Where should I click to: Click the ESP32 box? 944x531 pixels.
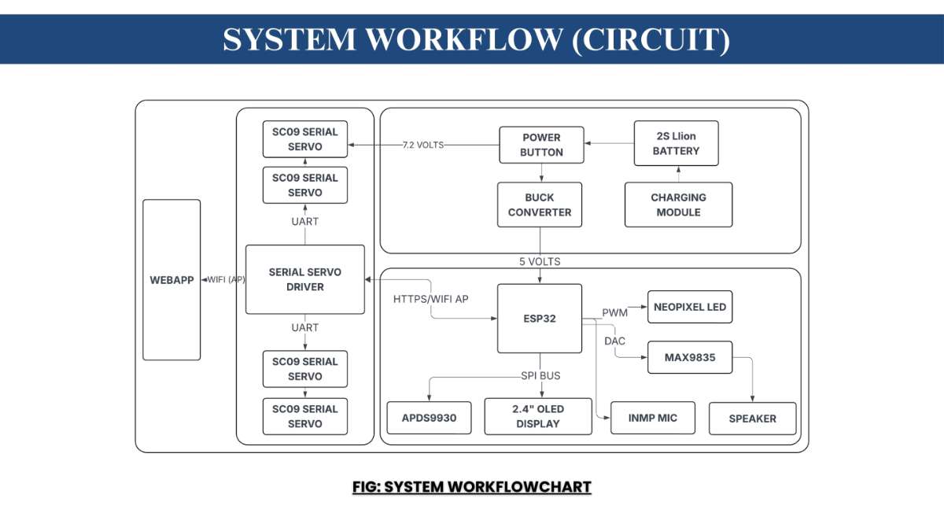540,319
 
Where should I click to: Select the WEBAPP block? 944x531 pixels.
171,280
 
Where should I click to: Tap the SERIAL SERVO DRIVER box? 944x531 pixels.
304,279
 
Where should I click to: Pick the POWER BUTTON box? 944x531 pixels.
541,145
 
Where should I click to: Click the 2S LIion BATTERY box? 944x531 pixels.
676,143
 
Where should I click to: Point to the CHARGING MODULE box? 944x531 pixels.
678,205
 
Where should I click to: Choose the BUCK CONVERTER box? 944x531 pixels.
540,205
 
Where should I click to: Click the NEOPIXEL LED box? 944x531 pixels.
689,307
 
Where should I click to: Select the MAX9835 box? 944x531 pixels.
689,357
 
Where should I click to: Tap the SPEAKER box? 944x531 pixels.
752,419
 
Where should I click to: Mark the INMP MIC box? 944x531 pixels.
653,417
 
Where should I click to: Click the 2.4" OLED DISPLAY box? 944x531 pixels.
538,416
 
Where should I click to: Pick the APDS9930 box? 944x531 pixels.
429,418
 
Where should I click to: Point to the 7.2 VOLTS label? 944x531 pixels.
423,145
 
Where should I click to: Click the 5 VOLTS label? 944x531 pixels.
540,261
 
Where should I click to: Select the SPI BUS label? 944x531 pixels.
540,375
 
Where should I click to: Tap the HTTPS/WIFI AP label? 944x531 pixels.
431,299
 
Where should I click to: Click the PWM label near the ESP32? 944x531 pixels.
615,313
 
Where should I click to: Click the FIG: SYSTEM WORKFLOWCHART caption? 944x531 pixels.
471,487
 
